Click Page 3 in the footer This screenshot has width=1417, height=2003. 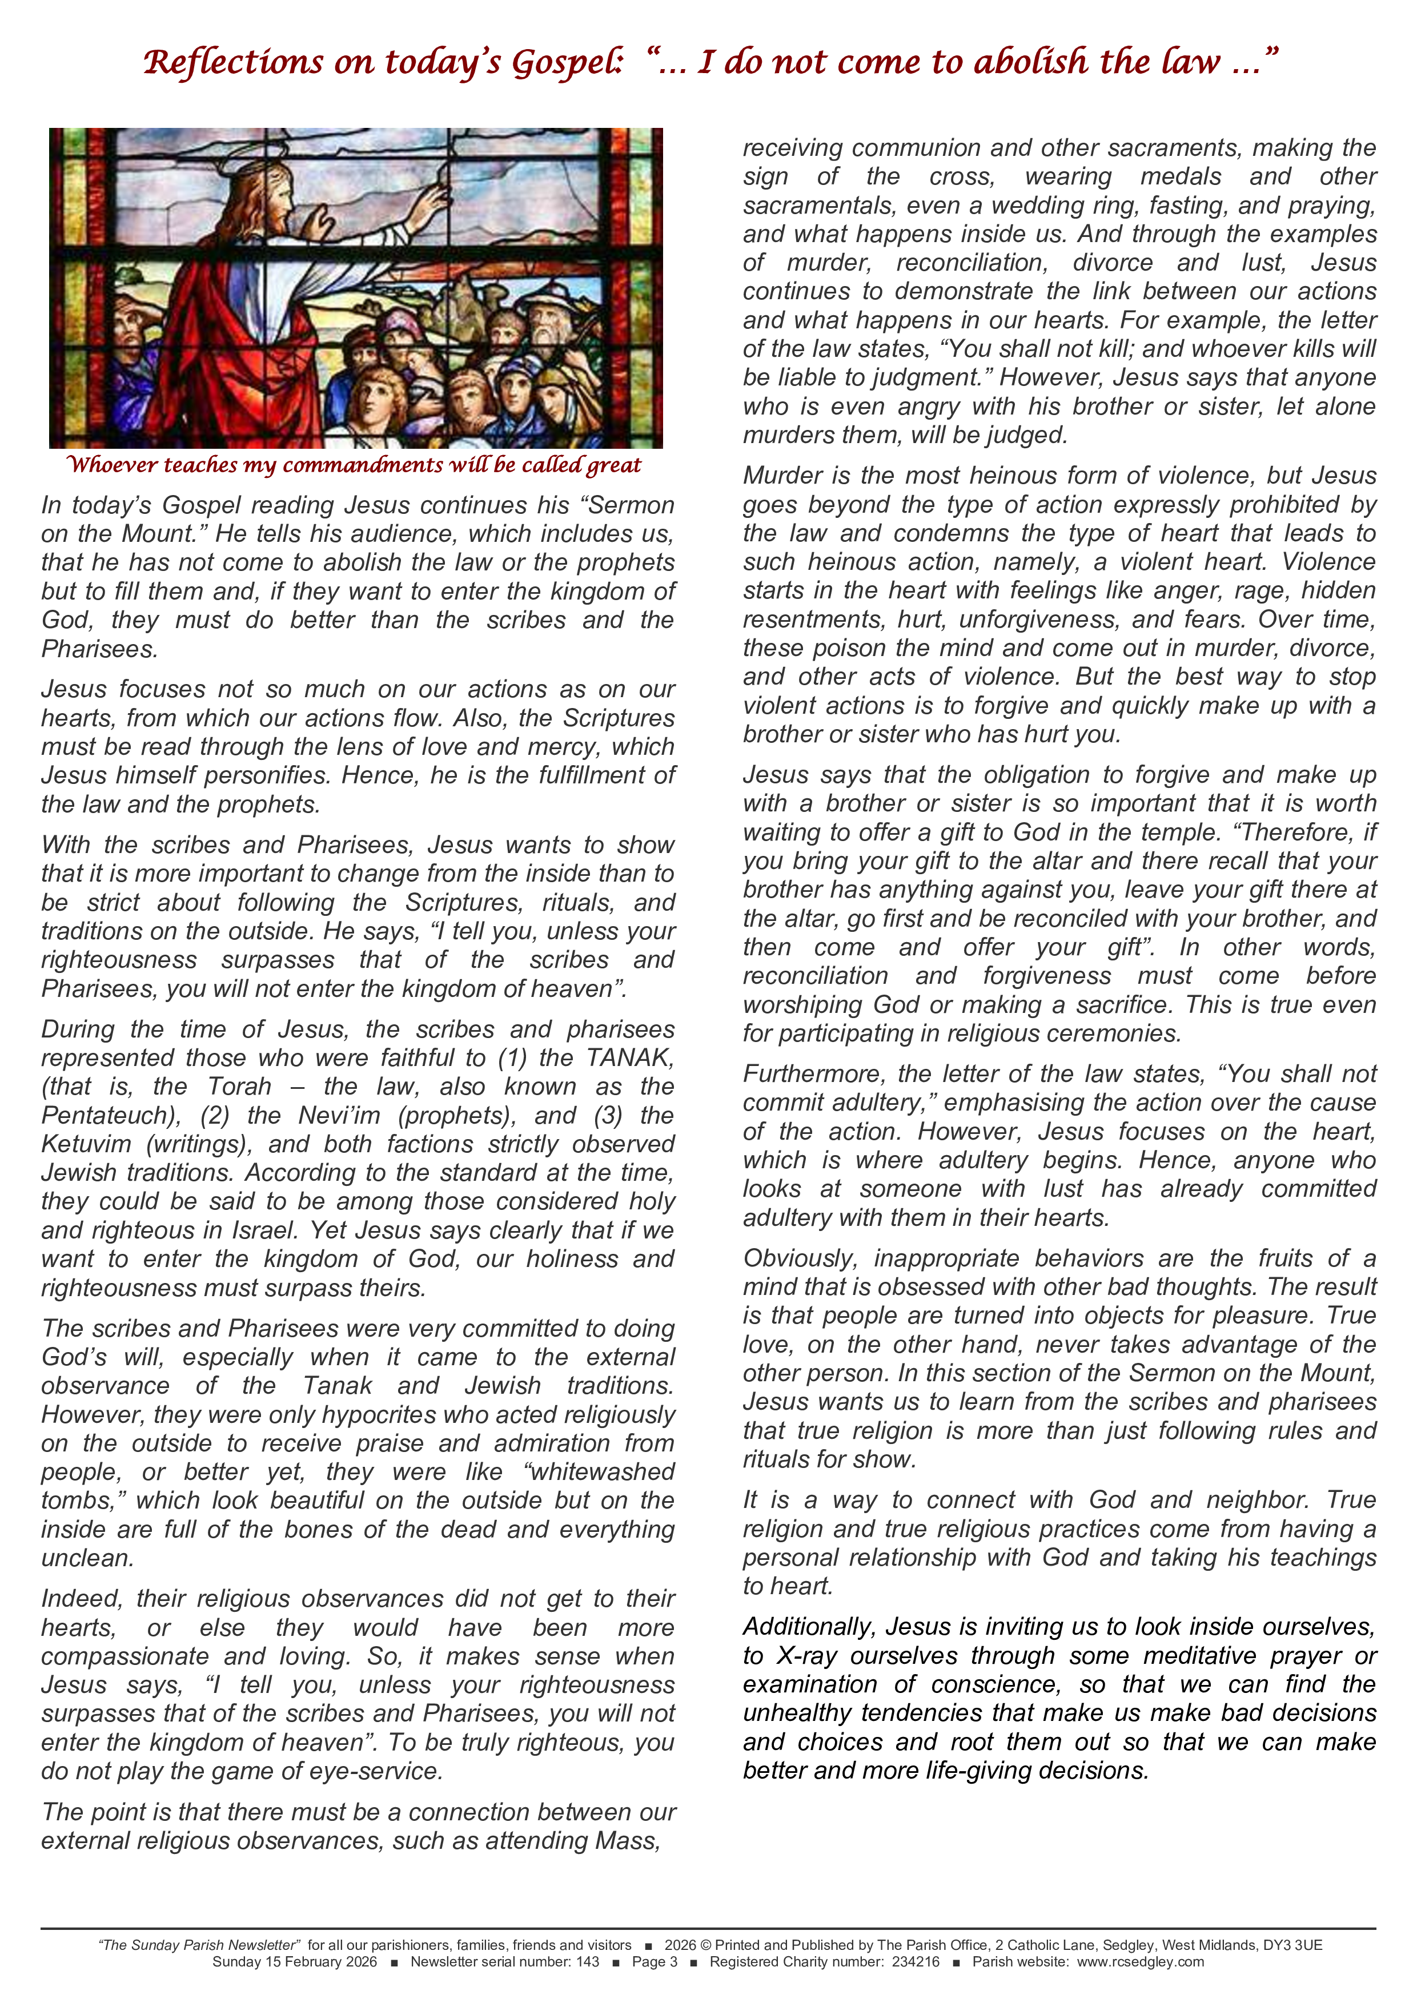pyautogui.click(x=655, y=1962)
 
